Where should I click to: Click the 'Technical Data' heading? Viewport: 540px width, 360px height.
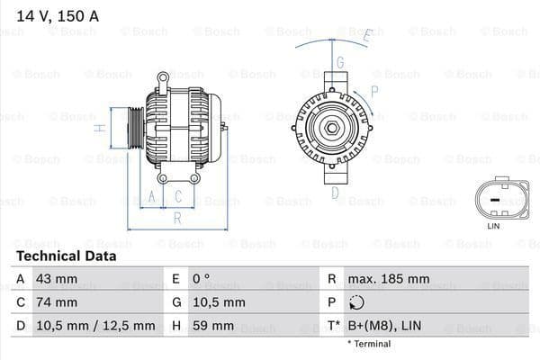(66, 256)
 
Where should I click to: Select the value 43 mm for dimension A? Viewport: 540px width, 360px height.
(56, 279)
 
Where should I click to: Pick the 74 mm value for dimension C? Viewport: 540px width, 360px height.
(56, 302)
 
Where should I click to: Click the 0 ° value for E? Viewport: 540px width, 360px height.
(201, 279)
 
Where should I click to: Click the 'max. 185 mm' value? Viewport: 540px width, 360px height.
(390, 279)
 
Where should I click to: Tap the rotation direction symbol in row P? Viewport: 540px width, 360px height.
(358, 303)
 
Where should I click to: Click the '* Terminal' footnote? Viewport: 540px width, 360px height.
(369, 344)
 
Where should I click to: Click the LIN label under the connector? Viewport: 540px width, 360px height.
(492, 226)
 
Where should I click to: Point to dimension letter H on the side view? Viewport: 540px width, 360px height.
(102, 128)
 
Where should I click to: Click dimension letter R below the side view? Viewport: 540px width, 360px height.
(177, 217)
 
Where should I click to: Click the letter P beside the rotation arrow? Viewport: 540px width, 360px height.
(374, 90)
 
